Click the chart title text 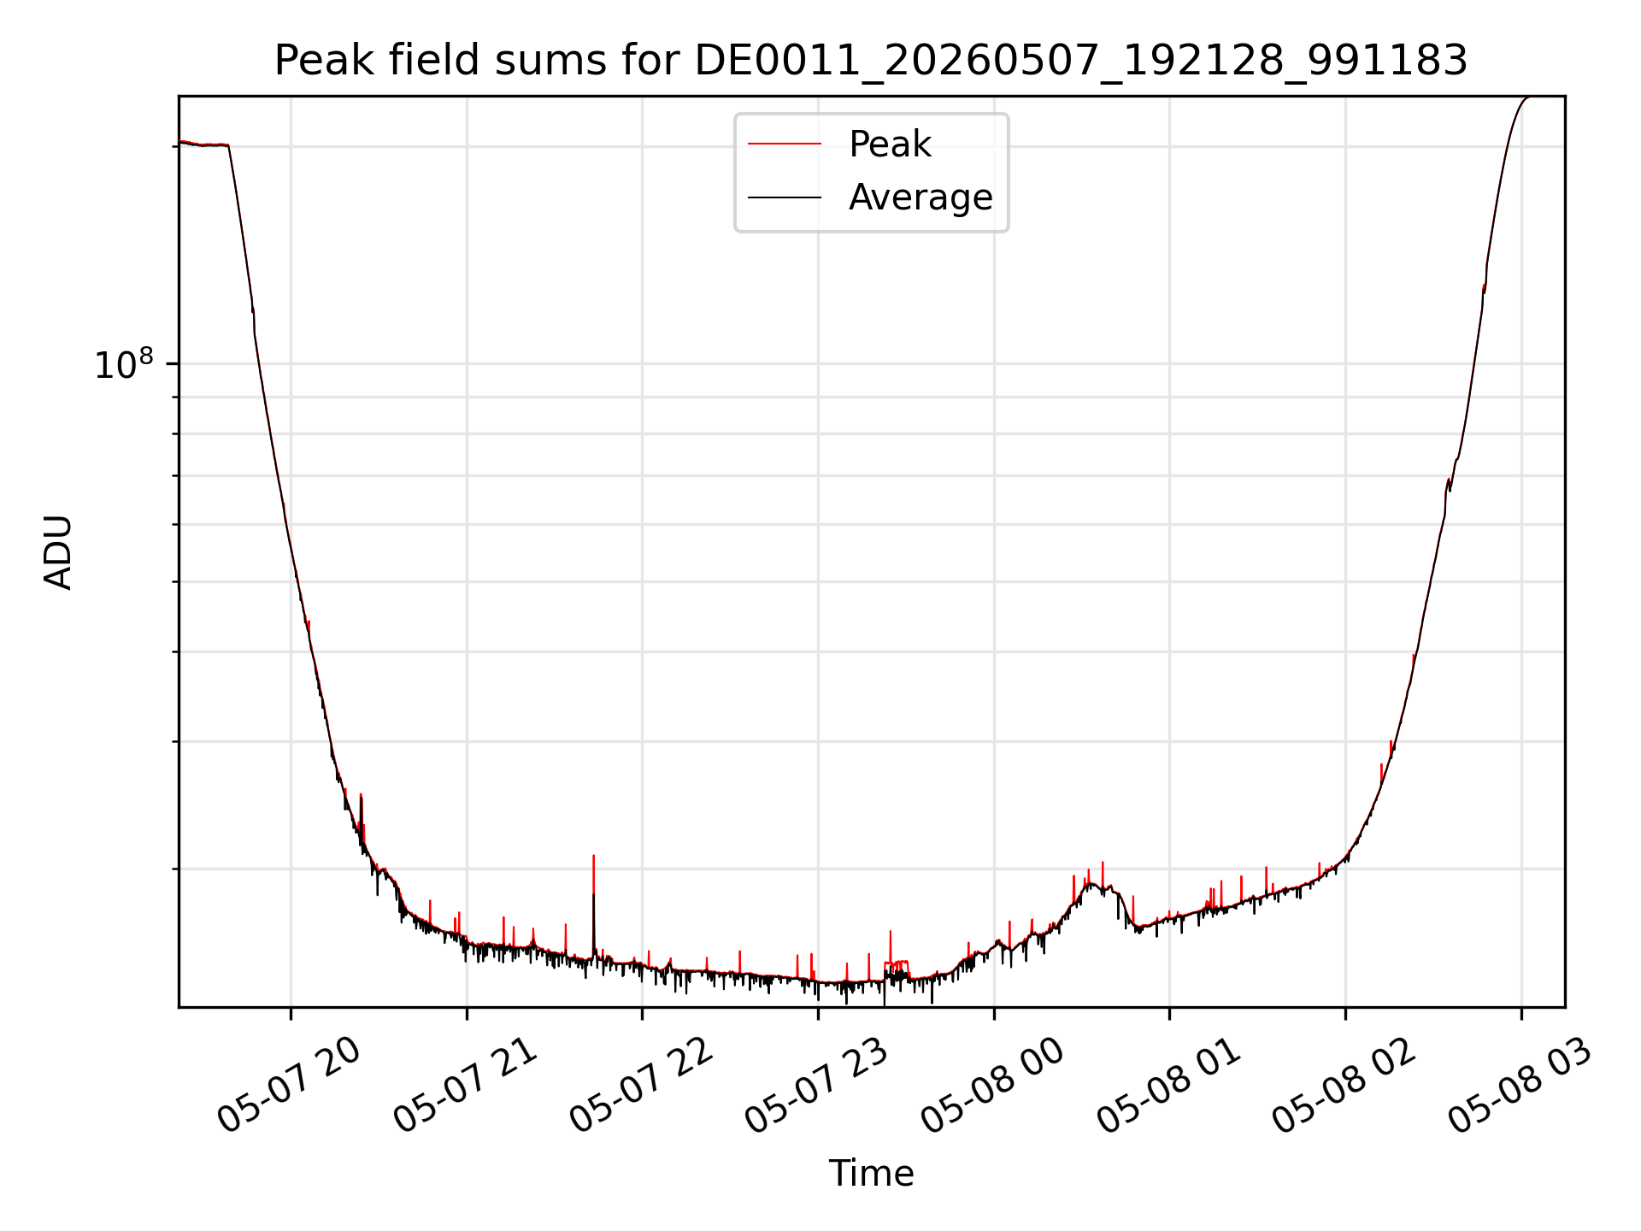click(871, 61)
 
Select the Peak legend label click(890, 144)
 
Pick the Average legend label click(920, 197)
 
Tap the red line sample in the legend click(785, 144)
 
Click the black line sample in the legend click(785, 197)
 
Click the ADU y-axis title click(58, 552)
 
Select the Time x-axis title click(871, 1174)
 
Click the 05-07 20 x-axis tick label click(289, 1085)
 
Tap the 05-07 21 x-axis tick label click(465, 1085)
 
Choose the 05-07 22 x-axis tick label click(641, 1085)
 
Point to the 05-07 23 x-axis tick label click(817, 1085)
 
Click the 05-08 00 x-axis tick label click(993, 1085)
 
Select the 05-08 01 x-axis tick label click(1169, 1085)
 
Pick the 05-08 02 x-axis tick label click(1345, 1085)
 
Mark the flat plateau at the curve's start click(203, 144)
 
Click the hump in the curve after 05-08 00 click(1094, 886)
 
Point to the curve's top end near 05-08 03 click(1527, 97)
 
